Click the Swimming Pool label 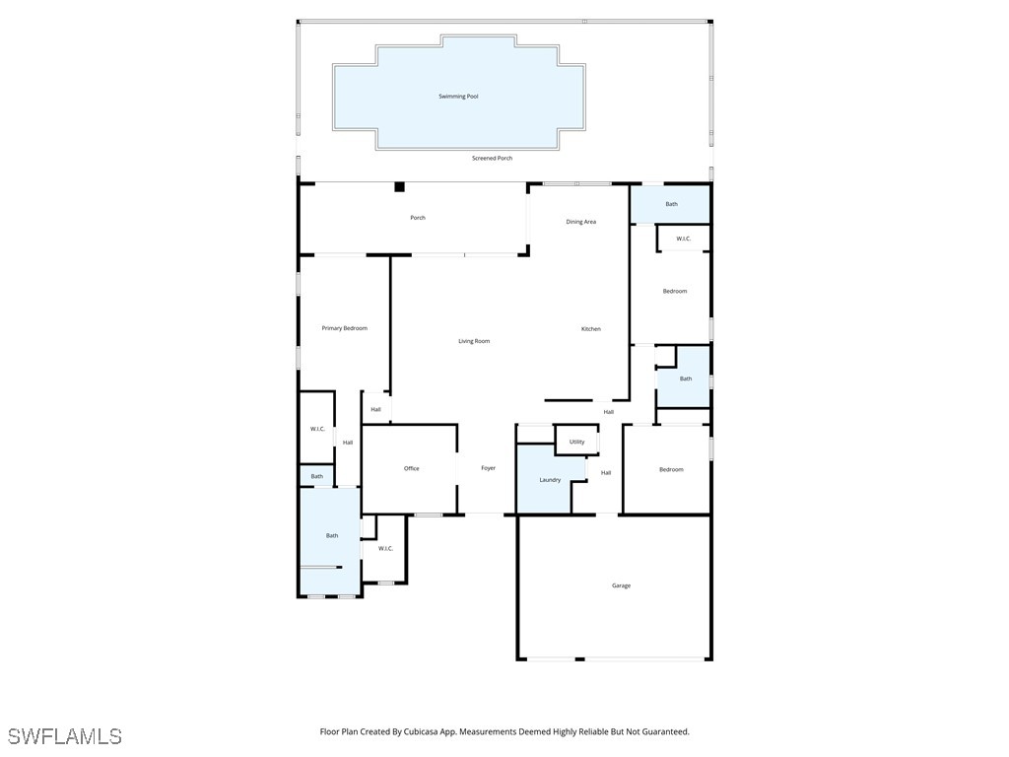click(x=458, y=97)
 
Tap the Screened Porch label click(x=492, y=158)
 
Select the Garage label click(x=621, y=585)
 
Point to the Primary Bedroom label click(x=344, y=328)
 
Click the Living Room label click(x=474, y=341)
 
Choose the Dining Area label click(x=580, y=222)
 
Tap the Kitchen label click(x=590, y=329)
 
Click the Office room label click(x=411, y=468)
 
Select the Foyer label click(x=488, y=468)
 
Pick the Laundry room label click(x=550, y=480)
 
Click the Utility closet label click(x=576, y=442)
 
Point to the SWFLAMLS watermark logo click(x=64, y=736)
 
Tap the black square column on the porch click(x=399, y=186)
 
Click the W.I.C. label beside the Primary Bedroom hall click(x=317, y=429)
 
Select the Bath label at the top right click(x=671, y=204)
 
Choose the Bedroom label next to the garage click(x=671, y=469)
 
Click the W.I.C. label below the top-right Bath click(x=683, y=239)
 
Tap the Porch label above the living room click(x=418, y=218)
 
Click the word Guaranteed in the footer click(x=664, y=732)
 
